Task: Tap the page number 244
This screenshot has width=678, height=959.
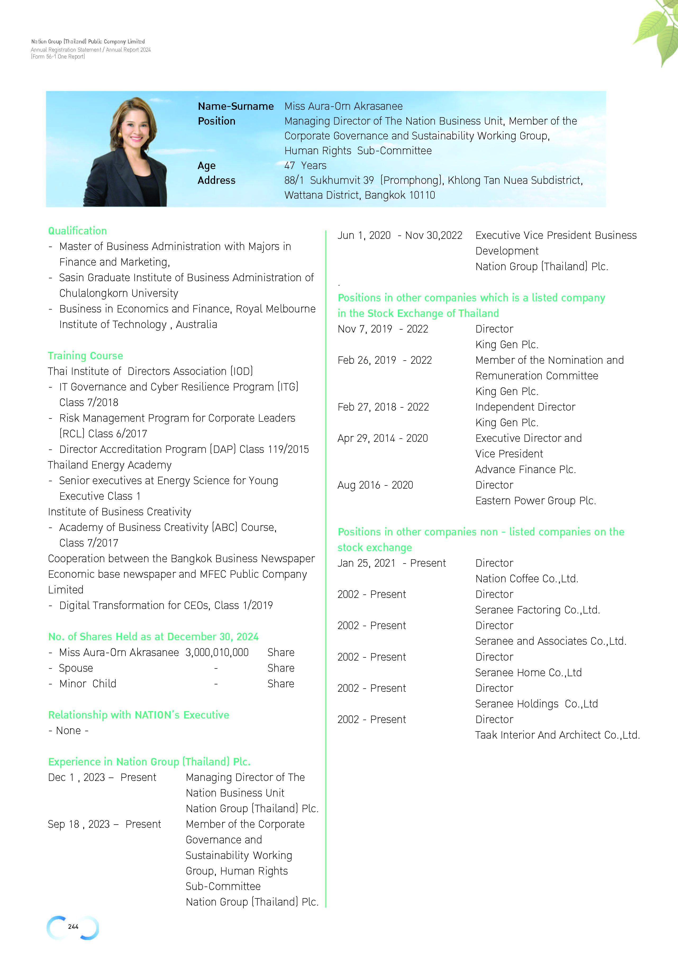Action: [73, 926]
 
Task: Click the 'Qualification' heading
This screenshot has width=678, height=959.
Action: [77, 231]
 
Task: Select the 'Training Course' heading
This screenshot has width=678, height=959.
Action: [85, 356]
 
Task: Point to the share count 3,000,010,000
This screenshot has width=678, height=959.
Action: [217, 652]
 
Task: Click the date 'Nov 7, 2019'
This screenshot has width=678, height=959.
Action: [365, 329]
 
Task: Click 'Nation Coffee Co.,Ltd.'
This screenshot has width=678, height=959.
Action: [526, 579]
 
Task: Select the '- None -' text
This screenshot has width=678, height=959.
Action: [69, 730]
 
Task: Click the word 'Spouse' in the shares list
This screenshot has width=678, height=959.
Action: [76, 668]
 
